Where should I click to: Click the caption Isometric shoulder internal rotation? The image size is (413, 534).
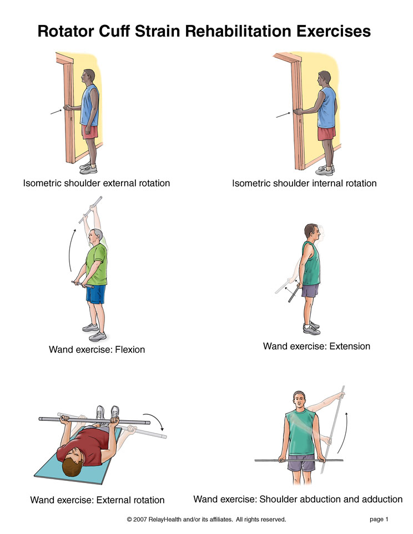click(304, 183)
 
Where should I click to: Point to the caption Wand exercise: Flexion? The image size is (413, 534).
click(97, 349)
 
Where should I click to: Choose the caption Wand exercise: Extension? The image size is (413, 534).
click(316, 347)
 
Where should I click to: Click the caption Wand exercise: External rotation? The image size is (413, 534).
click(97, 500)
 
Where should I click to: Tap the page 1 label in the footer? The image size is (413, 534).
click(379, 520)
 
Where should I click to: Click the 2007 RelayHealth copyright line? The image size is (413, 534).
click(206, 520)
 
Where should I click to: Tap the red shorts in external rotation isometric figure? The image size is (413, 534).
click(90, 132)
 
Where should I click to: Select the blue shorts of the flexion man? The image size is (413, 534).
click(95, 293)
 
